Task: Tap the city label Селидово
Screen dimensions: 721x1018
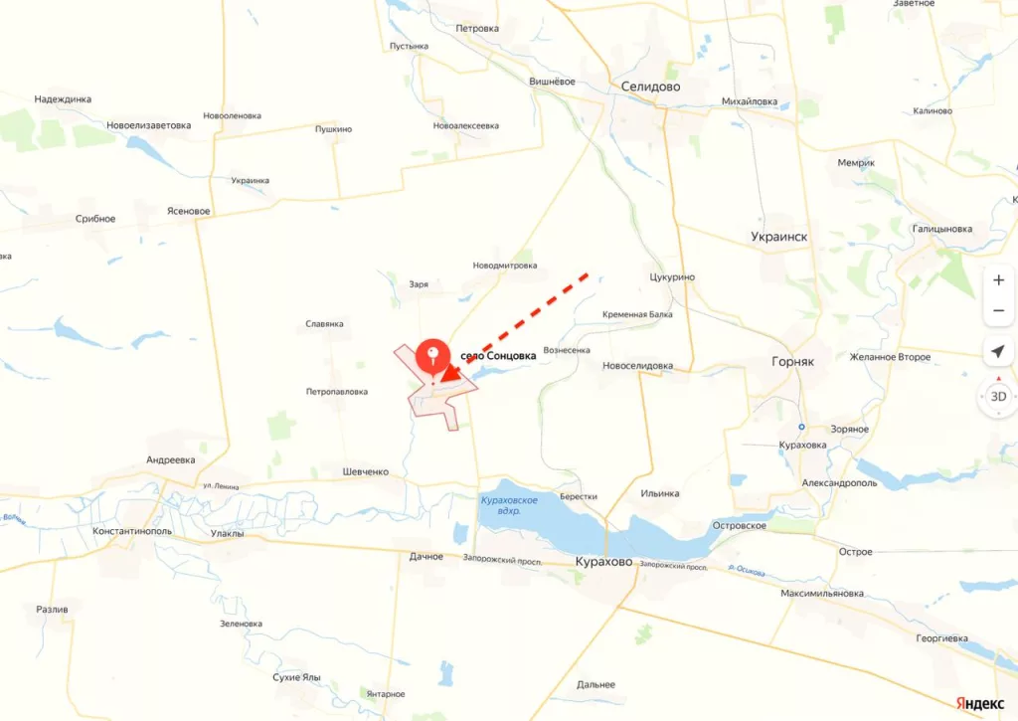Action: [650, 87]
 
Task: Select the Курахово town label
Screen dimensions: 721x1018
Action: [603, 562]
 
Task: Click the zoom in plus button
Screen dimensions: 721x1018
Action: [998, 280]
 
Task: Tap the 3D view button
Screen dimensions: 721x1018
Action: [998, 396]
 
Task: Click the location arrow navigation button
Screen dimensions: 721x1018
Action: [998, 351]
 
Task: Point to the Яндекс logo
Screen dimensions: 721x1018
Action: [979, 702]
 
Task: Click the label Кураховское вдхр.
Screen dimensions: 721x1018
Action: [509, 504]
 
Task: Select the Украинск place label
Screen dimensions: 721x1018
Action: [779, 237]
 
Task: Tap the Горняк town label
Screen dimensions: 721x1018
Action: [792, 362]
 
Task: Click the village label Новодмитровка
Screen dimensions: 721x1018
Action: [505, 266]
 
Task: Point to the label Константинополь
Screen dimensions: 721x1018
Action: [132, 531]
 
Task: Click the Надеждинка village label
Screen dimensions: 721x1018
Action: [63, 99]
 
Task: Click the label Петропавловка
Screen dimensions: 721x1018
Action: [337, 392]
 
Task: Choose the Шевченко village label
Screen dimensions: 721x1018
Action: [365, 471]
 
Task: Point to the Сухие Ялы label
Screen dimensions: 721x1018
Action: [296, 677]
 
